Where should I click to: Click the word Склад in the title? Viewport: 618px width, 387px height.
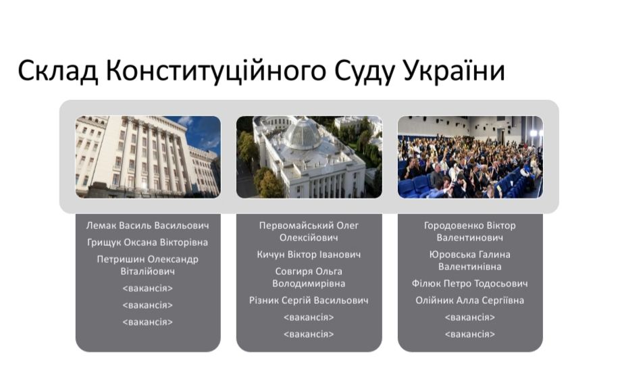pos(57,72)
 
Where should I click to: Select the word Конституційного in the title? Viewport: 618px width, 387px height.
pos(216,72)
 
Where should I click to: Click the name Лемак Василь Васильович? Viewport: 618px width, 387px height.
pos(147,226)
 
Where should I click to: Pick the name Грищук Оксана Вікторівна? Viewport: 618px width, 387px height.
pos(147,242)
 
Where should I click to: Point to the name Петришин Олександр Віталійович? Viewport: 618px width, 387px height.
pos(147,265)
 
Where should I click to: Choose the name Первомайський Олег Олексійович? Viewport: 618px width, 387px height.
pos(309,232)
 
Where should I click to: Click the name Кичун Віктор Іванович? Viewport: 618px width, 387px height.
pos(309,255)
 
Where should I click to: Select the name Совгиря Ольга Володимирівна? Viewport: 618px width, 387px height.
pos(309,278)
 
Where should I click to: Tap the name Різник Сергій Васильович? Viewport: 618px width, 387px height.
pos(309,301)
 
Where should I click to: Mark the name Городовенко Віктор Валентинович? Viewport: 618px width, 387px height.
pos(470,232)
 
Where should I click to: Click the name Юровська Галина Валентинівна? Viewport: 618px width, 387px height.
pos(470,261)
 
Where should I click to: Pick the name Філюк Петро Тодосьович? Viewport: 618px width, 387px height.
pos(470,284)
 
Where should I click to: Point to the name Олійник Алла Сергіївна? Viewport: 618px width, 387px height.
pos(470,301)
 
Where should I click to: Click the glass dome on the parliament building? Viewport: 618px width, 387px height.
pos(304,133)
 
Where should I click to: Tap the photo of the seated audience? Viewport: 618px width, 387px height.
pos(470,157)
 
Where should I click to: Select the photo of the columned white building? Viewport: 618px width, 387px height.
pos(148,157)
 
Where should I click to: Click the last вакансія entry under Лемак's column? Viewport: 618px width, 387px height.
pos(147,322)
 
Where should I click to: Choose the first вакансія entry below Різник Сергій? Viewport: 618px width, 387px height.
pos(309,317)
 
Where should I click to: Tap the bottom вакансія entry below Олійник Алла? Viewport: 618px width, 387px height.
pos(470,334)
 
